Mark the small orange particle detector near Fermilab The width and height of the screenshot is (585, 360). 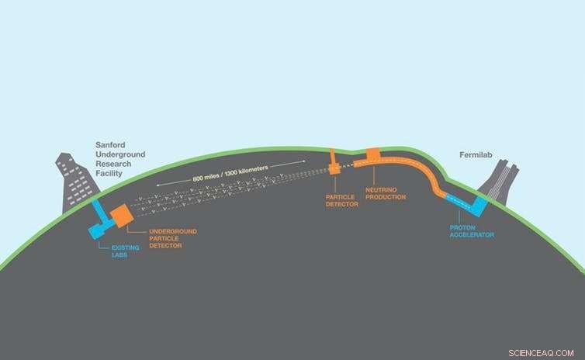pos(335,164)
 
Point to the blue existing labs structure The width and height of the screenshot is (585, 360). pos(99,223)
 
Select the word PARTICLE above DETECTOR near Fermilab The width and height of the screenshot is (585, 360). pos(341,198)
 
